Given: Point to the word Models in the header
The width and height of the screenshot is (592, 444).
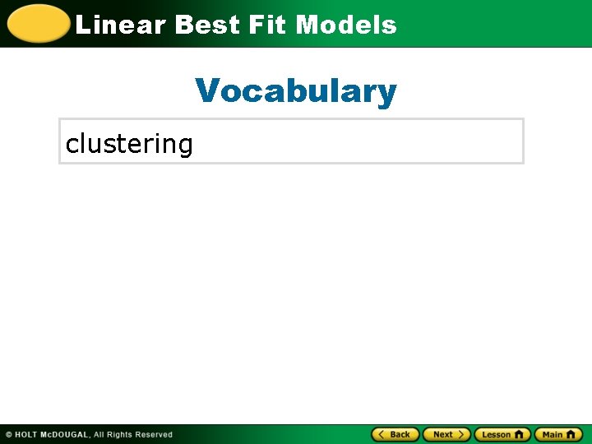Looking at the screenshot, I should pos(346,25).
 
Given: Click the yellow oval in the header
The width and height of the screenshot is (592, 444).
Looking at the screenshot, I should pos(38,24).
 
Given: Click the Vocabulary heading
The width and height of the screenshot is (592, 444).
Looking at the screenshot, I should pos(296,90).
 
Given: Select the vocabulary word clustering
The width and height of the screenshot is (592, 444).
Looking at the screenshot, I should pos(129,144).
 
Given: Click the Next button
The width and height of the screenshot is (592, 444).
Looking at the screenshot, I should pos(446,434).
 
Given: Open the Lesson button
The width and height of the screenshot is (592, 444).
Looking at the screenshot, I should pos(502,434).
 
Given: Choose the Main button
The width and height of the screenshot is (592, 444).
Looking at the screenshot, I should pos(558,434).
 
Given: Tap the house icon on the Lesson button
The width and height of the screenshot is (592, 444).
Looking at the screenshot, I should pos(519,434).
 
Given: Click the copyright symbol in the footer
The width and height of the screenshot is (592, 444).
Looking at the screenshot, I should pos(8,435).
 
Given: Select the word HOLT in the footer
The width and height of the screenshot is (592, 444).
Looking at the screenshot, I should pos(27,435).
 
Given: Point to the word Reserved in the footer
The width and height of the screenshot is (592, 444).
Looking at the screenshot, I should pos(154,435).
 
